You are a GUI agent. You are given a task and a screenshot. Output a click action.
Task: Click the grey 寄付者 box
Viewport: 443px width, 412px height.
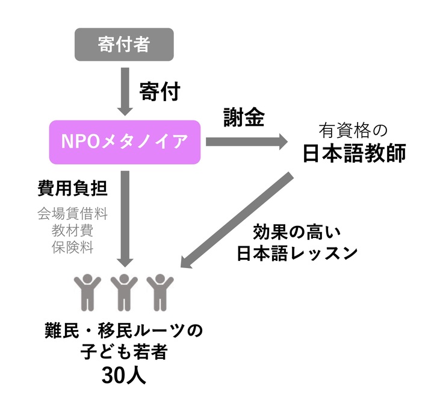123,45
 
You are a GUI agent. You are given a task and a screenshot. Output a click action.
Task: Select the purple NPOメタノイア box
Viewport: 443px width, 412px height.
125,142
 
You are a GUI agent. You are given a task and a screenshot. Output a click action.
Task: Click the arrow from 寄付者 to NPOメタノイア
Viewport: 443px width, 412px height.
125,90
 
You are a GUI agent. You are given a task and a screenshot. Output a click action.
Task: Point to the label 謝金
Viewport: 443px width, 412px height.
243,118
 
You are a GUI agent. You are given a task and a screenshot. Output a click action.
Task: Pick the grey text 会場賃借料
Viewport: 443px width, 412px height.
72,213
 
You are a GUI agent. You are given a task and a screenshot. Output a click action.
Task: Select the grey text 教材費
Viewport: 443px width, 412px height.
72,229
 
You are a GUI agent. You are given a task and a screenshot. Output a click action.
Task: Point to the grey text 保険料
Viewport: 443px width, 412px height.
72,246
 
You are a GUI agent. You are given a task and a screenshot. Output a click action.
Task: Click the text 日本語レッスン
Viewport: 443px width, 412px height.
297,254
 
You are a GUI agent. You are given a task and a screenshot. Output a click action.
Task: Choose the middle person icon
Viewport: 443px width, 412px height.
124,292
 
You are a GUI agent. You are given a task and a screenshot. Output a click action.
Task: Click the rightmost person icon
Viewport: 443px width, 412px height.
160,292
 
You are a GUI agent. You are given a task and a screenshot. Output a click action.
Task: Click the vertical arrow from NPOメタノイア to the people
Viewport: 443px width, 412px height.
125,217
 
